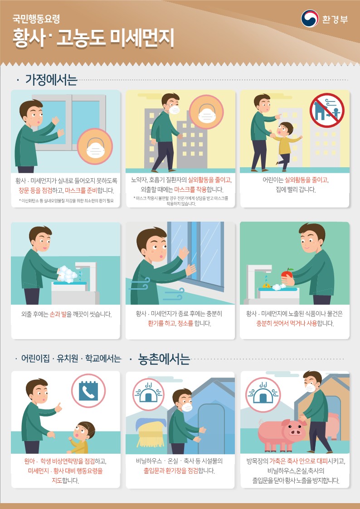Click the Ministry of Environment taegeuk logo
click(x=310, y=19)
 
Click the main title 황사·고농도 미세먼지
click(x=93, y=39)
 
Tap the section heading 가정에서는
click(x=51, y=80)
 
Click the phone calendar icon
click(x=88, y=391)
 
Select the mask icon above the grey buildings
click(x=206, y=112)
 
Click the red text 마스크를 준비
click(x=81, y=190)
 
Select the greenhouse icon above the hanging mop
click(x=148, y=395)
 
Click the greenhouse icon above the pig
click(x=263, y=395)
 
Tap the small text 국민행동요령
click(x=36, y=19)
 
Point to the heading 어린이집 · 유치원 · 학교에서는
click(x=71, y=359)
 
